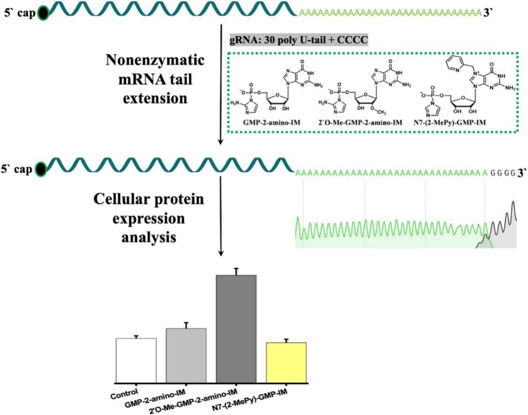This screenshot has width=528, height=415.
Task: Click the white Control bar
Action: [136, 360]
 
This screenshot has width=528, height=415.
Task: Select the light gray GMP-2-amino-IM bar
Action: [186, 355]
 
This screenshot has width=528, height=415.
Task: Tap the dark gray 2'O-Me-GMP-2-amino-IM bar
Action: [236, 328]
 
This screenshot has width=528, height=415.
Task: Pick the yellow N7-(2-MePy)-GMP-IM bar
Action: [286, 362]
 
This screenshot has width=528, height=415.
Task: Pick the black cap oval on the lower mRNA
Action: [42, 169]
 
